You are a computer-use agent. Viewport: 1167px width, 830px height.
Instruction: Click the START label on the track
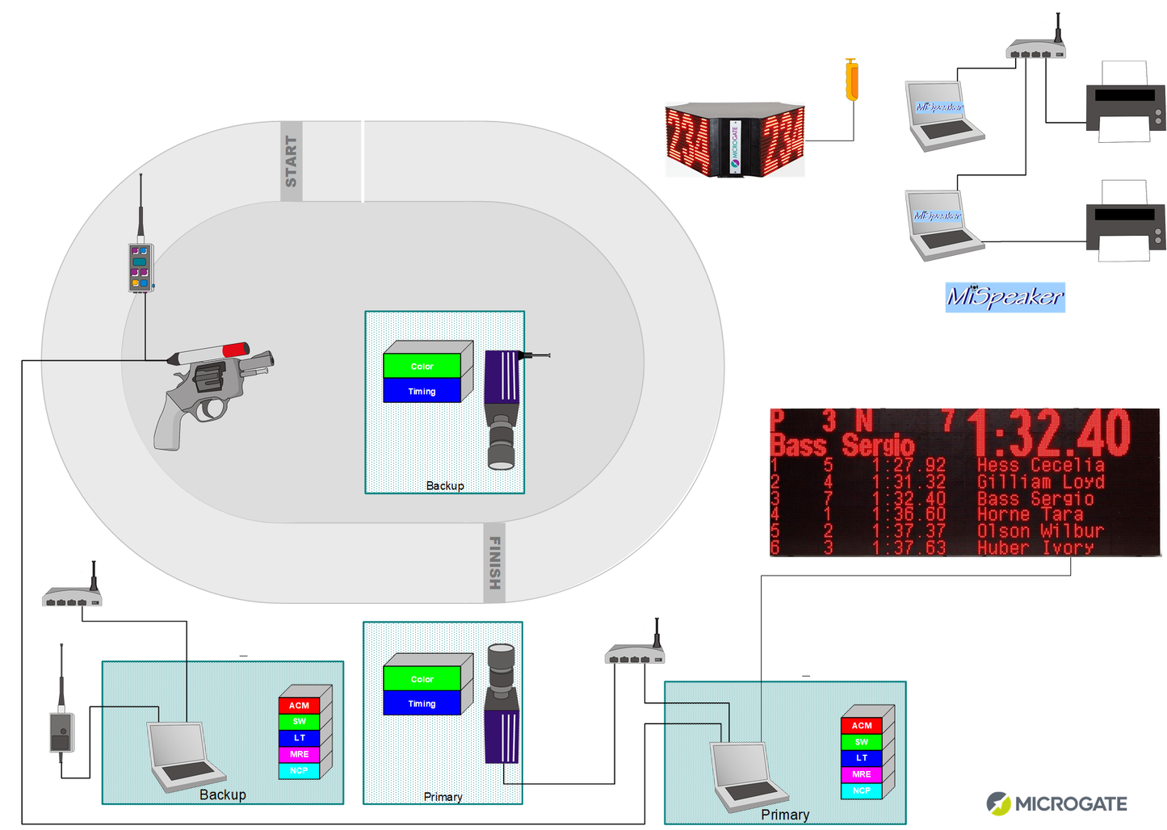click(292, 161)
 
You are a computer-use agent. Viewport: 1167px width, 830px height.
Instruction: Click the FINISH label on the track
click(495, 563)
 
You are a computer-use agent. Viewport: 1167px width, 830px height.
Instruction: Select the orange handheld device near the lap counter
click(850, 80)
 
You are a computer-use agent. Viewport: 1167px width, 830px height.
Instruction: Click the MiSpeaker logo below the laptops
click(1005, 297)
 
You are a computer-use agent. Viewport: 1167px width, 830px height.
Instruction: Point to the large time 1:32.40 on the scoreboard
click(1049, 433)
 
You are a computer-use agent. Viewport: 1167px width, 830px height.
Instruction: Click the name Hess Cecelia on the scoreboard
click(1040, 465)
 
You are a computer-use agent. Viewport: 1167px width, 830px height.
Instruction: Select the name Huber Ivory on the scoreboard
click(1035, 547)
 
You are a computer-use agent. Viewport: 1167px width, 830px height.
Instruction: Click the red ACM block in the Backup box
click(299, 705)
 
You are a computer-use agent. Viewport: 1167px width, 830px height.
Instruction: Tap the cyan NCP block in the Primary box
click(861, 790)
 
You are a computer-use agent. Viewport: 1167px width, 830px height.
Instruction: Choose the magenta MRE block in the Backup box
click(299, 754)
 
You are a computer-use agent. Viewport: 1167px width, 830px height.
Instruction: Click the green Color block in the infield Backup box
click(422, 367)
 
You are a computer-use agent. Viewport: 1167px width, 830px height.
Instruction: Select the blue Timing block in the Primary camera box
click(422, 703)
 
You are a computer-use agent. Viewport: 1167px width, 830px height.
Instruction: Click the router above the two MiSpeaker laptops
click(1035, 51)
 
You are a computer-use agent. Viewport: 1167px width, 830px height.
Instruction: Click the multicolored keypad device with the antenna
click(141, 267)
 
